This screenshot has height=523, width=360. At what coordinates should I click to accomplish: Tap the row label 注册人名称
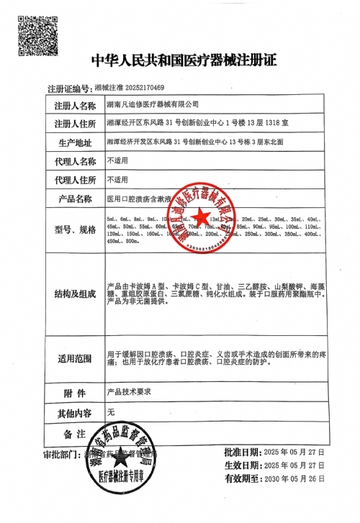(75, 105)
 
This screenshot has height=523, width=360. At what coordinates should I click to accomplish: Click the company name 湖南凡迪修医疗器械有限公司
(153, 105)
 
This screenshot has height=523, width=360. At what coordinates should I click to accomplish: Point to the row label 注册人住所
(75, 124)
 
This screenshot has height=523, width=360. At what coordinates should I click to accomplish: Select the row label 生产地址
(75, 142)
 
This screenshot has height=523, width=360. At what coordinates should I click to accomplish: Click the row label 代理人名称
(75, 160)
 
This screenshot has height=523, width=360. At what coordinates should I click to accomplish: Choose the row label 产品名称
(75, 198)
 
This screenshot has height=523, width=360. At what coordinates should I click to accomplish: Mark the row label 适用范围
(75, 358)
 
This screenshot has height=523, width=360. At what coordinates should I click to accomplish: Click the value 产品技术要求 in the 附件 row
(127, 394)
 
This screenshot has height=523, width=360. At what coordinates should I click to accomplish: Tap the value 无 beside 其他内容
(110, 412)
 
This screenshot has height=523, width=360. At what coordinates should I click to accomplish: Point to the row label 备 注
(75, 435)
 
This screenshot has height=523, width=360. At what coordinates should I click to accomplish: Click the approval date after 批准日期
(294, 452)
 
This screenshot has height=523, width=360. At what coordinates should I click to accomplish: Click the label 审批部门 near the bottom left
(62, 455)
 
